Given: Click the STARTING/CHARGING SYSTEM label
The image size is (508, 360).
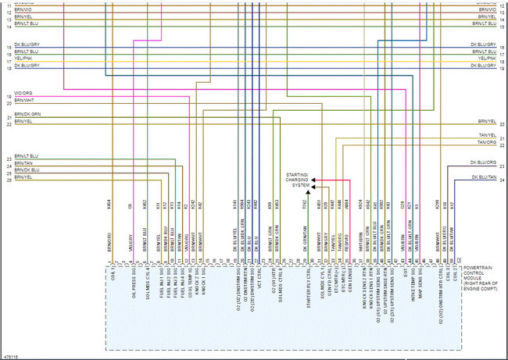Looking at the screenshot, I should coord(297,180).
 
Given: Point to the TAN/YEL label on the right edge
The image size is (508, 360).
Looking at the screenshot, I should coord(487,136).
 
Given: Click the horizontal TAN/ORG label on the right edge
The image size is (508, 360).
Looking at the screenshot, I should coord(487,143).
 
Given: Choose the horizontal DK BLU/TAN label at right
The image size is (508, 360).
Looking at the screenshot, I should coord(485,178).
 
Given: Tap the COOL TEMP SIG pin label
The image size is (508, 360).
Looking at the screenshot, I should coord(190,283).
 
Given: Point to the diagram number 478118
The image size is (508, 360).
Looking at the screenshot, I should coord(11,356).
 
